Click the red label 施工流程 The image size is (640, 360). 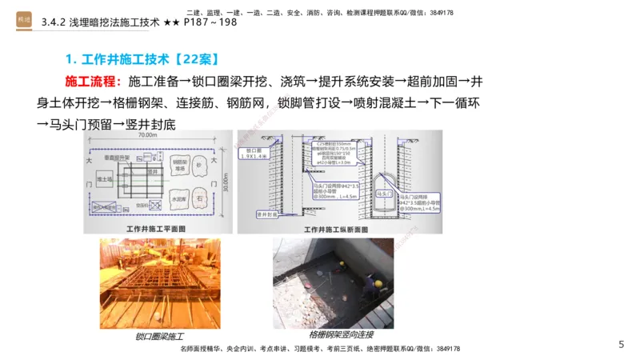93,82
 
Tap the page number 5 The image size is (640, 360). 621,344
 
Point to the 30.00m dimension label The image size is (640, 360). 227,182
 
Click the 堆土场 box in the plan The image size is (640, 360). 103,181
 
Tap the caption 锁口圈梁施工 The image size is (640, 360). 160,336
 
